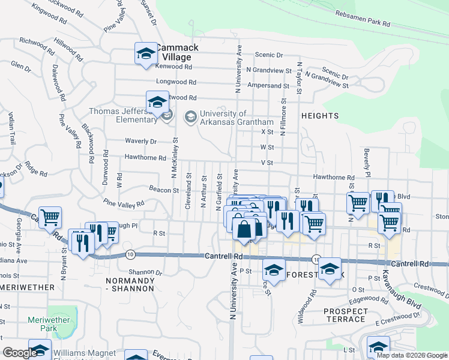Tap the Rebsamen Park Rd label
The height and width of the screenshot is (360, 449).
(x=363, y=19)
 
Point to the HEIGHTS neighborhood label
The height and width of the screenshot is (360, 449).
(x=320, y=115)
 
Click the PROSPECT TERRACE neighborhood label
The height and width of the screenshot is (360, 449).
(x=345, y=315)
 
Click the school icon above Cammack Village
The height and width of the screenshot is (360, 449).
(x=145, y=53)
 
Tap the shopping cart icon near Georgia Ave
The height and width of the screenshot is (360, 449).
(x=50, y=217)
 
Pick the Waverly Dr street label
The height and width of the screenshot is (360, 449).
(x=140, y=142)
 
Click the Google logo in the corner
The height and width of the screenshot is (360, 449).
(x=20, y=353)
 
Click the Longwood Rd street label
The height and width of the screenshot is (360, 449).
(x=176, y=82)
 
